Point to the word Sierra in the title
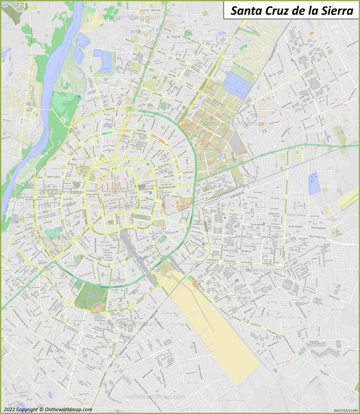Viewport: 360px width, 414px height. click(x=336, y=11)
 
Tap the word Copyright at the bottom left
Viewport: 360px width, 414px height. click(x=28, y=409)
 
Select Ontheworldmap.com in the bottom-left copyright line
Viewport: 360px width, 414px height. click(x=68, y=409)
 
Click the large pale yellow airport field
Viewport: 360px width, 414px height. click(x=216, y=328)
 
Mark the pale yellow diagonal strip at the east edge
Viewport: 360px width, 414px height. click(x=347, y=198)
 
